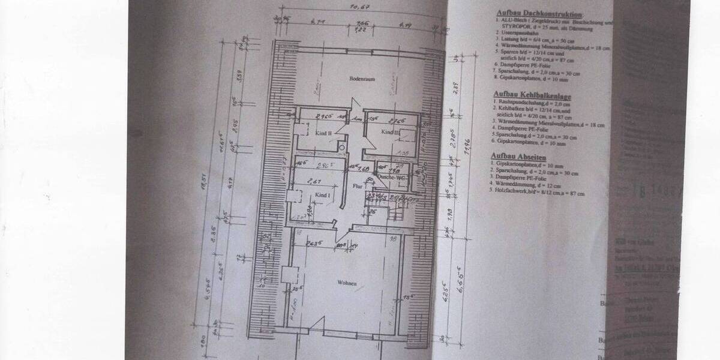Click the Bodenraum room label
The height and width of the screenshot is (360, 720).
(x=362, y=79)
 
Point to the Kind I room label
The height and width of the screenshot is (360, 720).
(x=323, y=196)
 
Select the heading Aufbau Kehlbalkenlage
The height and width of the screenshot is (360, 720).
(x=532, y=95)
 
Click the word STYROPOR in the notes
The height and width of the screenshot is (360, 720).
(x=513, y=27)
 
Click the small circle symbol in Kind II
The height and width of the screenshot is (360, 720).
(x=341, y=147)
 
